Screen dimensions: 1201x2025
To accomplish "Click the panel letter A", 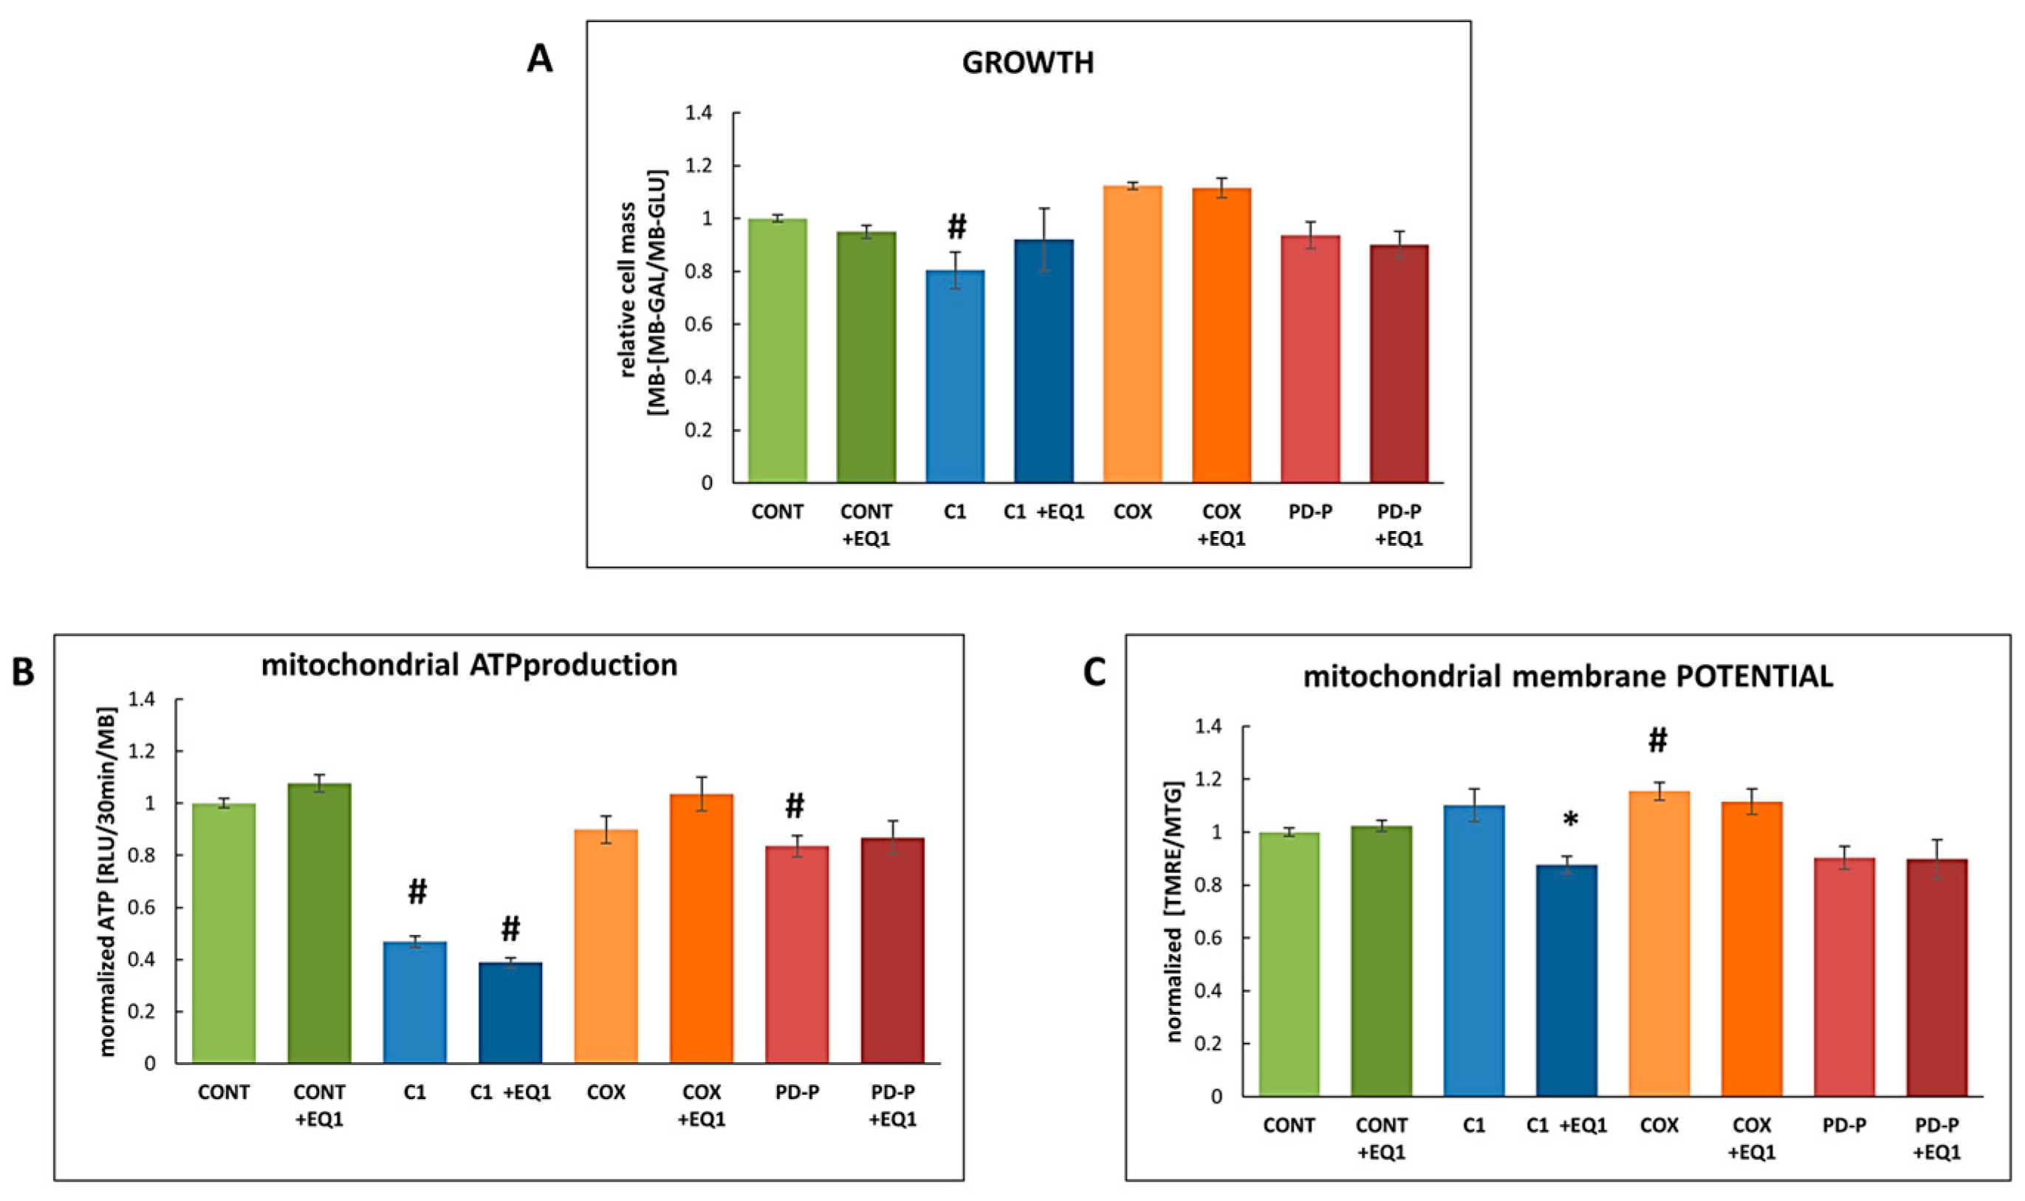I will [540, 59].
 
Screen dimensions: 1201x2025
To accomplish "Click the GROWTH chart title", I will [1027, 63].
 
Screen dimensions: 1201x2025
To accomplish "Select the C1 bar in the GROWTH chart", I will [955, 376].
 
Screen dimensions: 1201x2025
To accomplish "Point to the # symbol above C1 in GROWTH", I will [956, 227].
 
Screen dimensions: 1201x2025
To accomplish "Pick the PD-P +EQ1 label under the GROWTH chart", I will [1398, 524].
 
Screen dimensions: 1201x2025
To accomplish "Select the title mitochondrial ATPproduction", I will [469, 665].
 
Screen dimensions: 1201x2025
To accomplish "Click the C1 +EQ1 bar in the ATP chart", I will [510, 1012].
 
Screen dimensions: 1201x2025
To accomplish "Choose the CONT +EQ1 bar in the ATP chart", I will [319, 923].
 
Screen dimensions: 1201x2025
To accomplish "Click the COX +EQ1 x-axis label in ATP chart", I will [702, 1105].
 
